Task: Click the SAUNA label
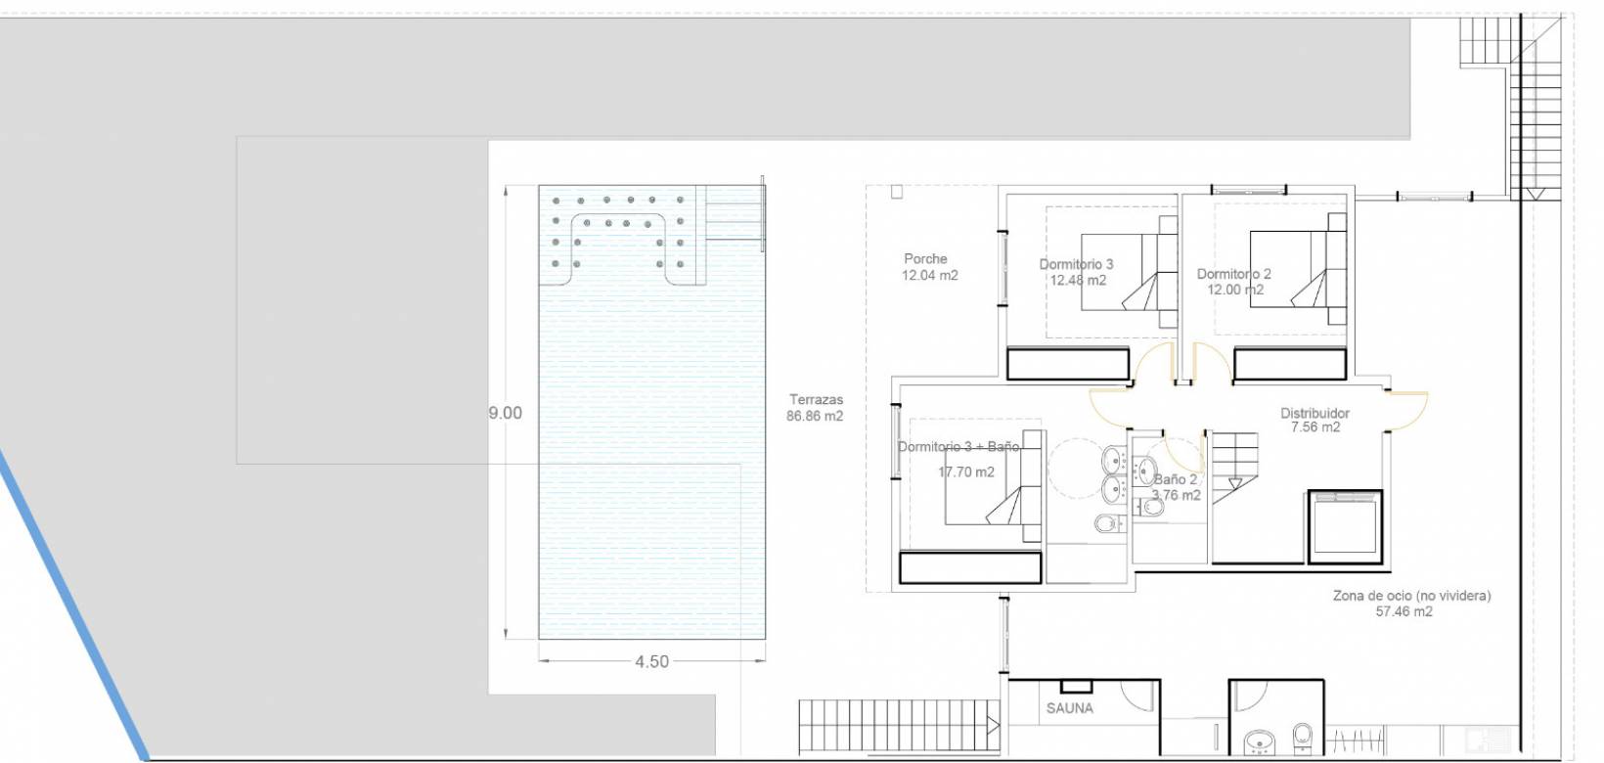click(x=1069, y=708)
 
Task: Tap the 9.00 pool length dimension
click(x=505, y=413)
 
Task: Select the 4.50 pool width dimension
click(x=651, y=661)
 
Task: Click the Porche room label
click(x=925, y=258)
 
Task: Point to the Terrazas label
click(x=816, y=400)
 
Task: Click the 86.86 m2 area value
click(x=815, y=416)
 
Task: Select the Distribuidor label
click(x=1314, y=413)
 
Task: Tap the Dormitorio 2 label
click(x=1233, y=274)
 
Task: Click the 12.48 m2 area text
click(x=1078, y=280)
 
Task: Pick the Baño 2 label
click(x=1175, y=479)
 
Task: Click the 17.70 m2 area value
click(x=966, y=472)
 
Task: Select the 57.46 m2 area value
click(x=1403, y=611)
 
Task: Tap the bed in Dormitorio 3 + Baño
click(x=993, y=486)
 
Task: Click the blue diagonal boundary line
click(x=73, y=606)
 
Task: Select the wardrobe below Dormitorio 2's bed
click(x=1290, y=364)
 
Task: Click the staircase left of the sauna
click(x=900, y=726)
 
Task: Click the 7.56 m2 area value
click(x=1314, y=427)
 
